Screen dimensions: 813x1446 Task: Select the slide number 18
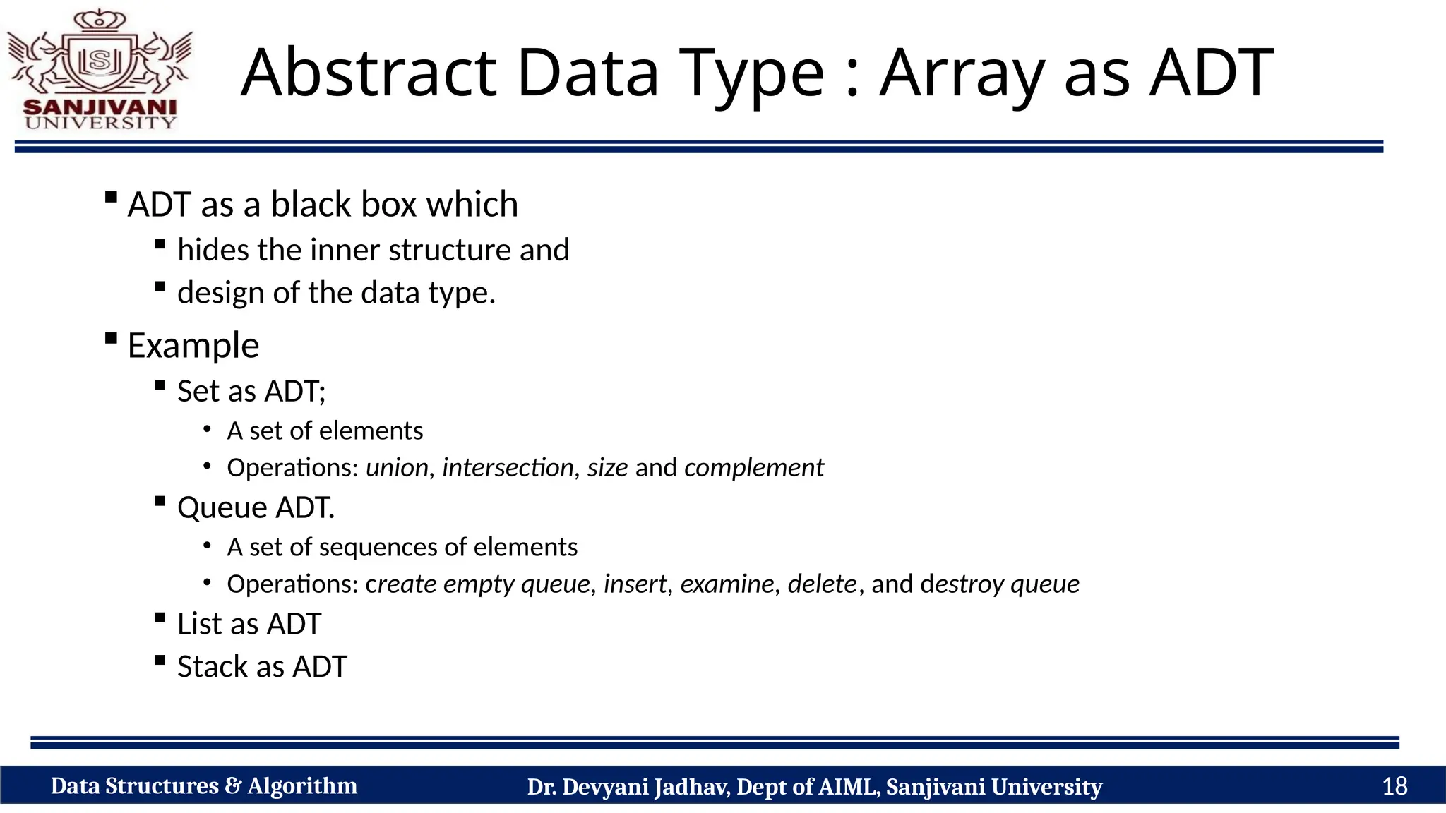coord(1394,785)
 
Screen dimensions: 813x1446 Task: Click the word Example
coord(193,346)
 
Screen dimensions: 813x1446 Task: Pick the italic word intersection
coord(508,467)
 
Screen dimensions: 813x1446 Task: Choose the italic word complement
coord(753,468)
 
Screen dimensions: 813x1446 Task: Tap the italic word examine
coord(727,584)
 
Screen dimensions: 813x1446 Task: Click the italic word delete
coord(822,584)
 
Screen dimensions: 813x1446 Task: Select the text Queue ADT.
coord(256,507)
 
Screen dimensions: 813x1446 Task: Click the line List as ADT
coord(249,624)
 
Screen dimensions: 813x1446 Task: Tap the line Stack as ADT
coord(262,667)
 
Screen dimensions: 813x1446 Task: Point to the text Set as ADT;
coord(251,391)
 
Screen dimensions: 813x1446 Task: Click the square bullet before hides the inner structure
coord(160,244)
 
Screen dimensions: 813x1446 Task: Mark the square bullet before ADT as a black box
coord(110,197)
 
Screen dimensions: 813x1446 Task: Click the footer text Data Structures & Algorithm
coord(204,785)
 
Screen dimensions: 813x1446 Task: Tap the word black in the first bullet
coord(311,205)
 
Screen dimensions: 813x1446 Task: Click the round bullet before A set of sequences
coord(207,545)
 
